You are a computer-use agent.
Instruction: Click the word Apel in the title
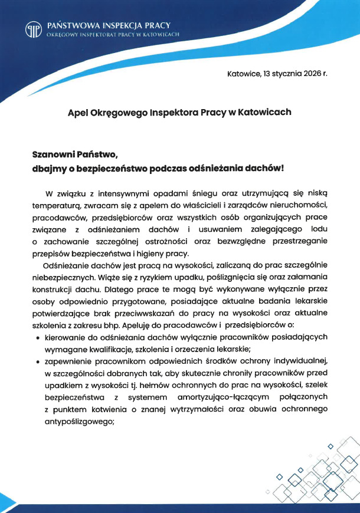click(78, 111)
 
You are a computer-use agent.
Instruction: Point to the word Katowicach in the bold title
click(262, 111)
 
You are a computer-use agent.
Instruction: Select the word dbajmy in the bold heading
click(50, 167)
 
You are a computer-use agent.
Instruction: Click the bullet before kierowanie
click(38, 338)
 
